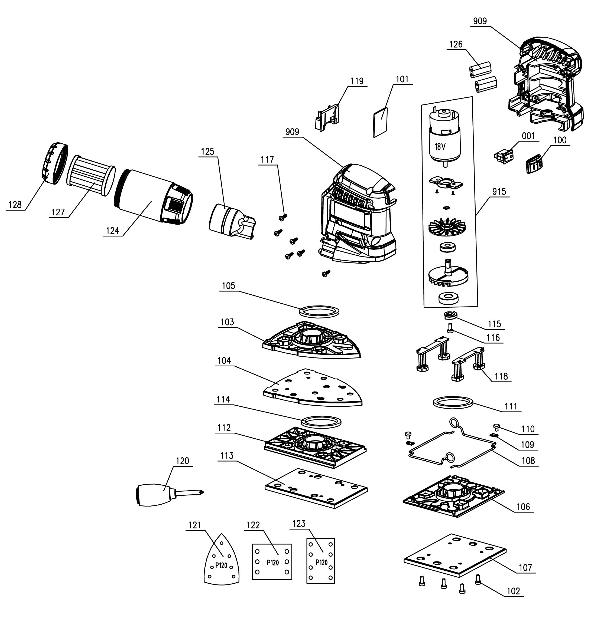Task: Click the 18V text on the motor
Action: tap(440, 146)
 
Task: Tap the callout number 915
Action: tap(499, 192)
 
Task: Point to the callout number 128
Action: tap(15, 205)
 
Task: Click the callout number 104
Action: tap(224, 360)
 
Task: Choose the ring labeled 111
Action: tap(453, 402)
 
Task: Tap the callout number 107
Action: tap(525, 568)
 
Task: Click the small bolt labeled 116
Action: tap(450, 328)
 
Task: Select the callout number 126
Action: tap(456, 44)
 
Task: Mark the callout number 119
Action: tap(357, 81)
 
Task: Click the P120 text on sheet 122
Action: tap(272, 562)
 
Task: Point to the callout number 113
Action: tap(227, 456)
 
